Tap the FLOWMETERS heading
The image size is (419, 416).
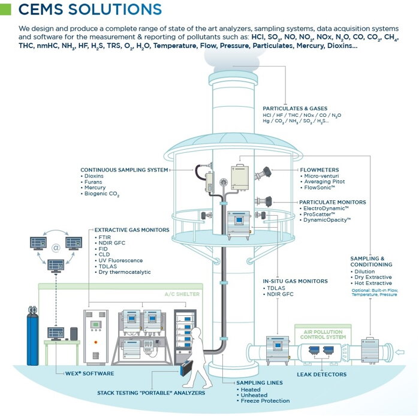pyautogui.click(x=319, y=170)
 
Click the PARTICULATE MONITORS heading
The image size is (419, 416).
pyautogui.click(x=332, y=202)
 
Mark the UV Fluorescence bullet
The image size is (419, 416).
pyautogui.click(x=120, y=260)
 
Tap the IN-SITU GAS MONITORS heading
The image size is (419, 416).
pyautogui.click(x=295, y=281)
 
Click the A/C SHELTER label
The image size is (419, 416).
pyautogui.click(x=182, y=294)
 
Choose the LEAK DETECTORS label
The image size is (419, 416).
pyautogui.click(x=321, y=375)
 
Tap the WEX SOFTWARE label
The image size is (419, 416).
pyautogui.click(x=89, y=373)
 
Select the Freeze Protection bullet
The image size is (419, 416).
pyautogui.click(x=264, y=400)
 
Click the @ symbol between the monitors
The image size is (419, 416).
pyautogui.click(x=56, y=246)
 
